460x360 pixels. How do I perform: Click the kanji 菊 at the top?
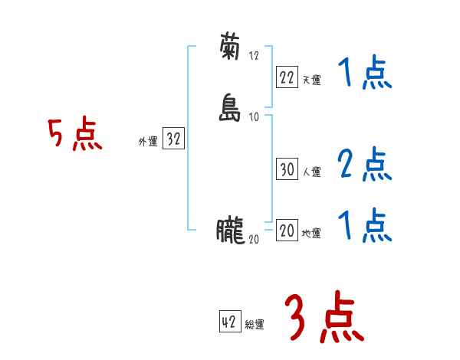coord(230,48)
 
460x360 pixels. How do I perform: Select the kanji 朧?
coord(230,231)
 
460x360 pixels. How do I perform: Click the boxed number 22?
coord(287,77)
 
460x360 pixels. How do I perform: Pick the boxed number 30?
coord(287,170)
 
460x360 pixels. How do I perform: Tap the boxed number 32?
coord(173,139)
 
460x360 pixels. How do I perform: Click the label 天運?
coord(311,80)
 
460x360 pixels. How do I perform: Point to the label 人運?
coord(311,172)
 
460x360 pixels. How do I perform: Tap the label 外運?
coord(147,142)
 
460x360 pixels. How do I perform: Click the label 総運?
coord(255,324)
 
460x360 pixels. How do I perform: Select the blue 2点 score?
coord(364,165)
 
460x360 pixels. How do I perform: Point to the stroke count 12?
coord(255,55)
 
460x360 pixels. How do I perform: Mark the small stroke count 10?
coord(255,116)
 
